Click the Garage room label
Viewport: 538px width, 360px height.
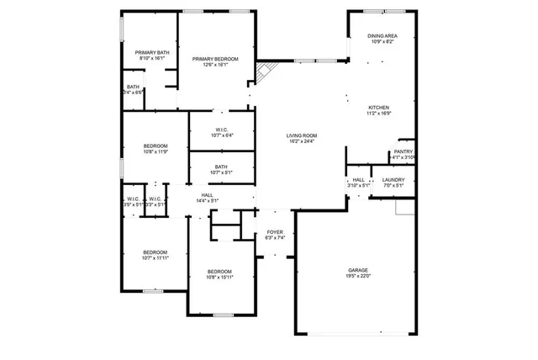tap(358, 270)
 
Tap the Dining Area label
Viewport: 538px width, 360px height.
tap(382, 36)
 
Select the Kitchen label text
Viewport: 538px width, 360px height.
tap(379, 108)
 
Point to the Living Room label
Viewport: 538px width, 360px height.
tap(301, 135)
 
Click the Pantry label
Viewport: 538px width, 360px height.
tap(403, 151)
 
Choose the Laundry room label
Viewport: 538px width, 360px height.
tap(393, 179)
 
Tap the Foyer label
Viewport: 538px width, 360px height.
tap(275, 231)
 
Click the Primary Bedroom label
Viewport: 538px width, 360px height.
tap(215, 59)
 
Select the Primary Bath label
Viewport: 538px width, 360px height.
tap(152, 53)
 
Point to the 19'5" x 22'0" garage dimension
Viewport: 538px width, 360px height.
tap(358, 276)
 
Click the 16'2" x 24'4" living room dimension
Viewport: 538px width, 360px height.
tap(301, 141)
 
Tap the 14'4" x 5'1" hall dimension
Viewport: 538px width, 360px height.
tap(207, 201)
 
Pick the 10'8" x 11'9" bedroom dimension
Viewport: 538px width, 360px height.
tap(155, 152)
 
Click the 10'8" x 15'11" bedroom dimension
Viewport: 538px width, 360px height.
tap(219, 277)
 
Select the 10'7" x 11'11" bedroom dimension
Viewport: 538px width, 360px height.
tap(155, 258)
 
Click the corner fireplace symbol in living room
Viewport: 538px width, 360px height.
tap(266, 72)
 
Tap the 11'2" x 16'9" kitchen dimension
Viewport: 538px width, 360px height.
tap(379, 114)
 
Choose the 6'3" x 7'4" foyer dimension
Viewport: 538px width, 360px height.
tap(275, 237)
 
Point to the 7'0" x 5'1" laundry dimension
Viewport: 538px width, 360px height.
tap(393, 185)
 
